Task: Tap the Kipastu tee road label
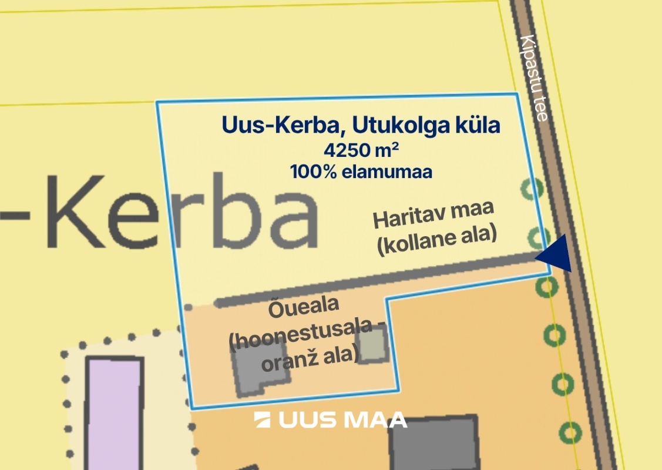pyautogui.click(x=534, y=78)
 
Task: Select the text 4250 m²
pyautogui.click(x=361, y=149)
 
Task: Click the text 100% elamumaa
pyautogui.click(x=361, y=172)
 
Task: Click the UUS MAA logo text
pyautogui.click(x=342, y=419)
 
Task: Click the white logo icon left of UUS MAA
pyautogui.click(x=263, y=419)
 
